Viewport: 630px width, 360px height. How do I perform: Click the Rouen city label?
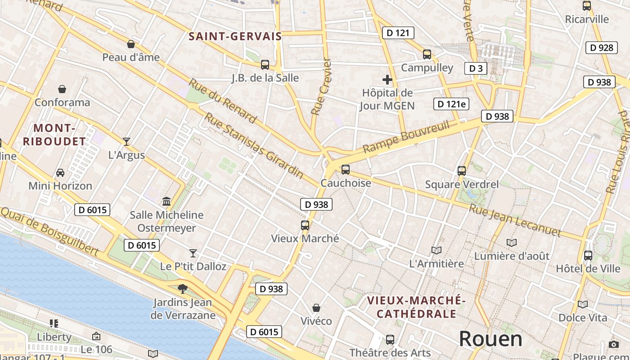pos(490,339)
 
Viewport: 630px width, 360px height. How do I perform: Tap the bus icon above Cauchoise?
pos(346,170)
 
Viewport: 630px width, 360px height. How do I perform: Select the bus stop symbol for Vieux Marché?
pos(305,225)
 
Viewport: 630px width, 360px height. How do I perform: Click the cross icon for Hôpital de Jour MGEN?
pos(387,80)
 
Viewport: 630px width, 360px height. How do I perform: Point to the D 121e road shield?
pos(451,104)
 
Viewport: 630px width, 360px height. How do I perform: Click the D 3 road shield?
pos(476,68)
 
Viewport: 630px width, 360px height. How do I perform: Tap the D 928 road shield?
pos(601,48)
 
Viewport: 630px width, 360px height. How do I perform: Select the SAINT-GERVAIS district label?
pos(235,36)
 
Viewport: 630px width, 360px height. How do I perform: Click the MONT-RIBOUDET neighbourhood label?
pos(54,135)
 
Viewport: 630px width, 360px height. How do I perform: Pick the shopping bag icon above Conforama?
pos(62,89)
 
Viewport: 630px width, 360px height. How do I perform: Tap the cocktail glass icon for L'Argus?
pos(126,142)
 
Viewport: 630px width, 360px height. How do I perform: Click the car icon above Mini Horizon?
pos(60,173)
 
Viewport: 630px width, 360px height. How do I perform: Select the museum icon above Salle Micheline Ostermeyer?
pos(166,201)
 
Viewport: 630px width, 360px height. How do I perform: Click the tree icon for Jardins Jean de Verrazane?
pos(182,288)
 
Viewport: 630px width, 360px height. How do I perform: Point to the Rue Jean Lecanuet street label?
pos(515,220)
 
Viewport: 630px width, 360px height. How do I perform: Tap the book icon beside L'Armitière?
pos(436,251)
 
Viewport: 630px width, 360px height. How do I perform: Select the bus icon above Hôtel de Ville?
pos(588,256)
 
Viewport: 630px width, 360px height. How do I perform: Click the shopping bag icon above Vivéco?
pos(316,308)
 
